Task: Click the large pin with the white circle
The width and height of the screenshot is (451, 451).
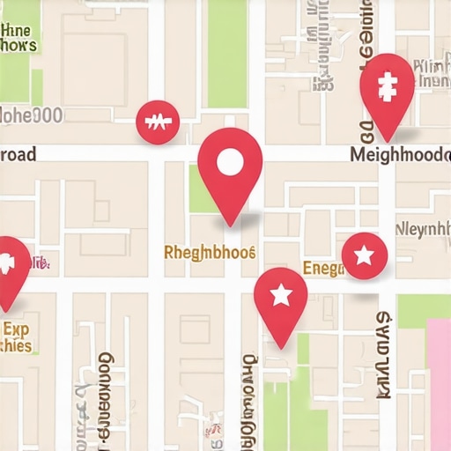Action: click(x=230, y=167)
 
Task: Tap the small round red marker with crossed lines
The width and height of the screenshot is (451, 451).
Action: click(x=158, y=122)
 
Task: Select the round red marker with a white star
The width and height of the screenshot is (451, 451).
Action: click(x=364, y=256)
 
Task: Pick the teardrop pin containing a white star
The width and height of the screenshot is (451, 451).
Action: click(x=280, y=299)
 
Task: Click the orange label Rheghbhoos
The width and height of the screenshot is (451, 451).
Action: click(x=210, y=253)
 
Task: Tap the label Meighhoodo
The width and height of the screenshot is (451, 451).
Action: click(x=400, y=154)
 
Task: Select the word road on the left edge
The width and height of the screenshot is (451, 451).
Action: click(x=18, y=154)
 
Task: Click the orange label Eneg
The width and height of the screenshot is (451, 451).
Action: click(x=322, y=268)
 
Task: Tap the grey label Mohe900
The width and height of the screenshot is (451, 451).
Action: click(x=31, y=115)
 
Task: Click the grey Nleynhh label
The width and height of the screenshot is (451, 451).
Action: click(x=422, y=231)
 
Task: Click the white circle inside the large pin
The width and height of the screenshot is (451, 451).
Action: click(x=230, y=162)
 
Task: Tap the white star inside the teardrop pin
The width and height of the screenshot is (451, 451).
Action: click(x=280, y=295)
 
